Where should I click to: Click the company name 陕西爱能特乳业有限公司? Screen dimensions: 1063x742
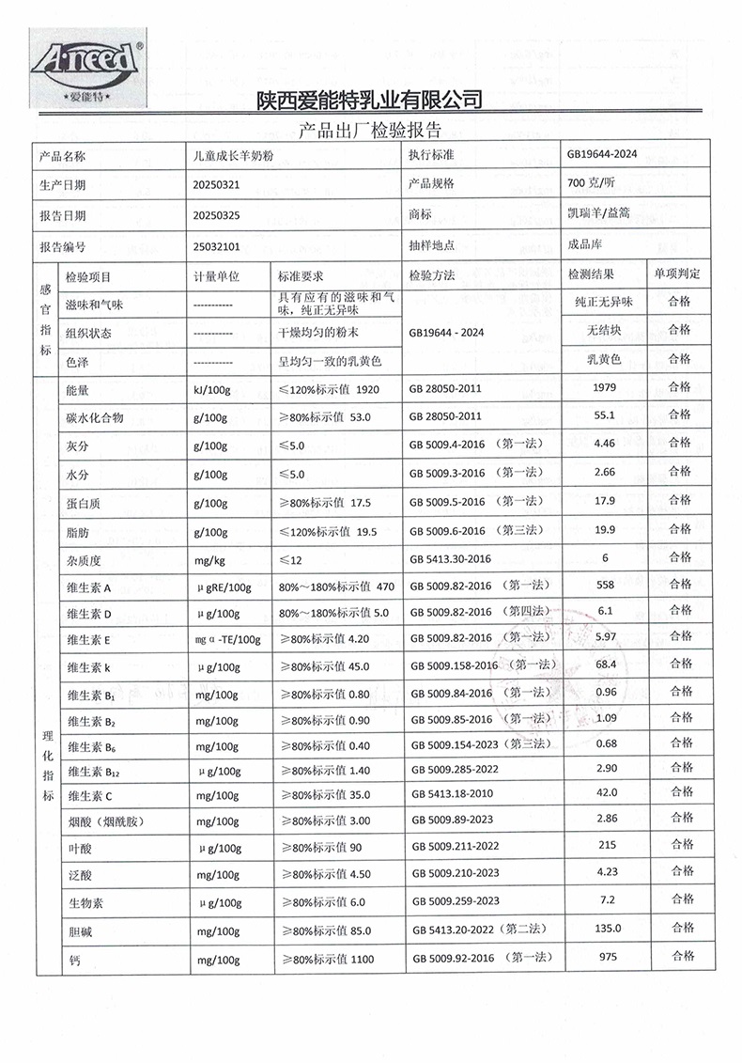pyautogui.click(x=369, y=100)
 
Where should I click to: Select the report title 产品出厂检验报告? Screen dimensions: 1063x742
pyautogui.click(x=369, y=129)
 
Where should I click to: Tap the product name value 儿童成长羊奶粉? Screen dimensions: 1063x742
pyautogui.click(x=231, y=156)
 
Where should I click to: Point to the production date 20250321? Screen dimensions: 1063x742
pyautogui.click(x=215, y=185)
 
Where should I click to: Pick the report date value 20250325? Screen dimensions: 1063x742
pyautogui.click(x=215, y=215)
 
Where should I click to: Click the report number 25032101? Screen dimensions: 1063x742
pyautogui.click(x=215, y=245)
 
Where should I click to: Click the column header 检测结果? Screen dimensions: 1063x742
pyautogui.click(x=592, y=274)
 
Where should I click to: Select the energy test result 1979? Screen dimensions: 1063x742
pyautogui.click(x=605, y=387)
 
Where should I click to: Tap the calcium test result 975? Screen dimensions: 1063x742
pyautogui.click(x=605, y=956)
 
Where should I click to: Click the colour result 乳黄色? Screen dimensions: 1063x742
pyautogui.click(x=605, y=359)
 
